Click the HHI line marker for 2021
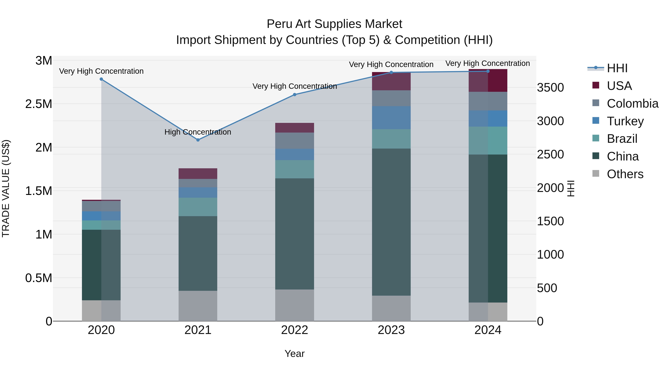click(x=198, y=140)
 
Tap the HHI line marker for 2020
click(x=101, y=79)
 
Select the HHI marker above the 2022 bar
click(x=295, y=95)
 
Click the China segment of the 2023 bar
click(x=391, y=222)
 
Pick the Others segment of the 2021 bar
click(x=198, y=306)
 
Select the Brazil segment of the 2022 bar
click(x=295, y=169)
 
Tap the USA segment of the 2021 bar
click(x=198, y=174)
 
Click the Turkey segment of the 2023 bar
click(x=391, y=118)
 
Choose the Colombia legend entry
click(x=632, y=104)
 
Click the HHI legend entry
click(x=617, y=68)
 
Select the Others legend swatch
click(x=596, y=174)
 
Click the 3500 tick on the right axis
click(x=550, y=88)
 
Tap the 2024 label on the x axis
click(x=488, y=330)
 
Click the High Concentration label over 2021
click(x=198, y=132)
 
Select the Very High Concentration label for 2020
click(x=101, y=71)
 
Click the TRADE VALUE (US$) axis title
click(x=6, y=188)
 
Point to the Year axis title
click(x=295, y=354)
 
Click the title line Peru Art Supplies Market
click(x=334, y=24)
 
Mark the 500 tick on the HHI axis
click(x=547, y=288)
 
